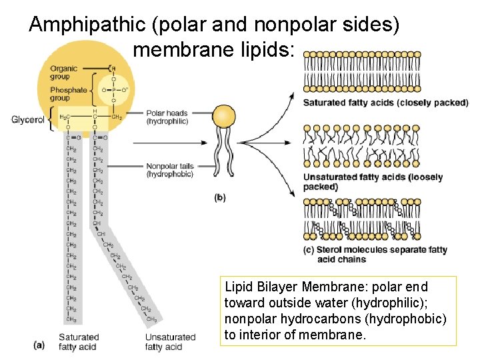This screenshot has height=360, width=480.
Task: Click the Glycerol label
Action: tap(28, 120)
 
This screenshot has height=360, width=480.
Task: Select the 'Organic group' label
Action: tap(63, 73)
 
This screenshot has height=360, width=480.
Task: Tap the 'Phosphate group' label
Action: tap(68, 94)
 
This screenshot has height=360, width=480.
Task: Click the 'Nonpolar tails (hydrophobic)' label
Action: tap(170, 170)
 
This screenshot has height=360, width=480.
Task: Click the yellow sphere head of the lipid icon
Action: tap(224, 117)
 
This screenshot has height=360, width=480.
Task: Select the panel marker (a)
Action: tap(39, 345)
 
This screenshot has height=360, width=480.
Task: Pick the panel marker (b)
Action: tap(219, 197)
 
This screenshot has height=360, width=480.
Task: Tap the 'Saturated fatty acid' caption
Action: tap(78, 342)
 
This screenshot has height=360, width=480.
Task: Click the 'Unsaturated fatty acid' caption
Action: tap(170, 342)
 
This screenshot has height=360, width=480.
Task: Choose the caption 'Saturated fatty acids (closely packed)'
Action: tap(385, 103)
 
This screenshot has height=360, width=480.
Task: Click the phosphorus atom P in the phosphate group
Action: tap(113, 89)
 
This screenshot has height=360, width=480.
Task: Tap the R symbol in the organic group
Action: tap(113, 68)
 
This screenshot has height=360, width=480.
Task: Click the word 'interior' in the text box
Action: tap(262, 335)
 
